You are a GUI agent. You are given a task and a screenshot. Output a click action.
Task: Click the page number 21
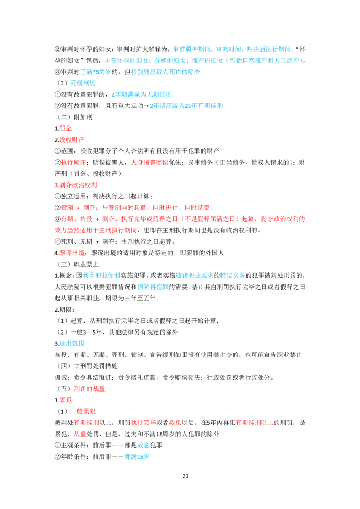point(185,476)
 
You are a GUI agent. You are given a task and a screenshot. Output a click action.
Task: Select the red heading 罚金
point(66,129)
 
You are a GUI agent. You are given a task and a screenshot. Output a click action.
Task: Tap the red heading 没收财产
point(72,140)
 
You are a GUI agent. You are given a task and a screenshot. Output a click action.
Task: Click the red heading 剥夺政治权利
point(78,185)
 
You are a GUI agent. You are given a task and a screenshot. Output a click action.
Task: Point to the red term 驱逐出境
point(72,253)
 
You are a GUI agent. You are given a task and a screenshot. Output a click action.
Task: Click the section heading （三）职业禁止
point(78,264)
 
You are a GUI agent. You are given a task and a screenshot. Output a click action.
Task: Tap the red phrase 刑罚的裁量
point(90,389)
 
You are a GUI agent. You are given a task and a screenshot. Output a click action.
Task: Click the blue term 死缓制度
point(83,83)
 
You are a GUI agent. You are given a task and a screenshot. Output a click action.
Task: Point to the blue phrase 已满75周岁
point(95,72)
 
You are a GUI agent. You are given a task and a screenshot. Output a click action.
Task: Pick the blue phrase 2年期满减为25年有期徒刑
point(186,106)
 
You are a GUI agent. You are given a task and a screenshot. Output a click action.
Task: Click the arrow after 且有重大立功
point(147,106)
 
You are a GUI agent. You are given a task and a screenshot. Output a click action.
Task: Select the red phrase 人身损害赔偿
point(149,162)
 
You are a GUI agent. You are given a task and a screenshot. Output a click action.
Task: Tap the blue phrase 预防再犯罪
point(153,287)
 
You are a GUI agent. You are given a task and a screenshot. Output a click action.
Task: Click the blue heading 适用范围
point(72,344)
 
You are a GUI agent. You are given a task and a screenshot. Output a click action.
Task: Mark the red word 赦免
point(175,423)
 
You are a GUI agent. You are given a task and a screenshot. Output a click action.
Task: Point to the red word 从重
point(80,434)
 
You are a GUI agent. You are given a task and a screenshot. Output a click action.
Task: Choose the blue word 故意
point(143,445)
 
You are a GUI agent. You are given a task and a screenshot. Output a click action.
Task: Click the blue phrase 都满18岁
point(137,457)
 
